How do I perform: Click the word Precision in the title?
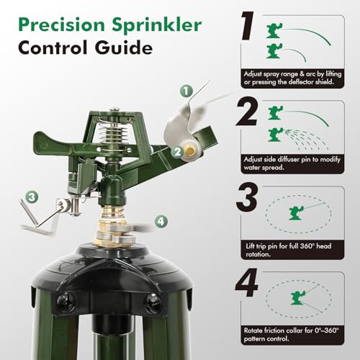pos(62,24)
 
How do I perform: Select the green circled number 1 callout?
pos(186,91)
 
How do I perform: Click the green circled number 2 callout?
pos(178,152)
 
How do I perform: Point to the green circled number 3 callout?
pos(32,197)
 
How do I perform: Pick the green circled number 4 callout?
pos(161,221)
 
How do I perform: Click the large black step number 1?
pos(248,26)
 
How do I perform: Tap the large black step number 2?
pos(247,112)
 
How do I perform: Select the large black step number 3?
pos(247,197)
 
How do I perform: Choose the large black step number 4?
pos(247,283)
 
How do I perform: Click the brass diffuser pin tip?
pos(190,151)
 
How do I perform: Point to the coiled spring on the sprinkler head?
pos(114,136)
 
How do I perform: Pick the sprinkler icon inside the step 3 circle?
pos(297,213)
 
